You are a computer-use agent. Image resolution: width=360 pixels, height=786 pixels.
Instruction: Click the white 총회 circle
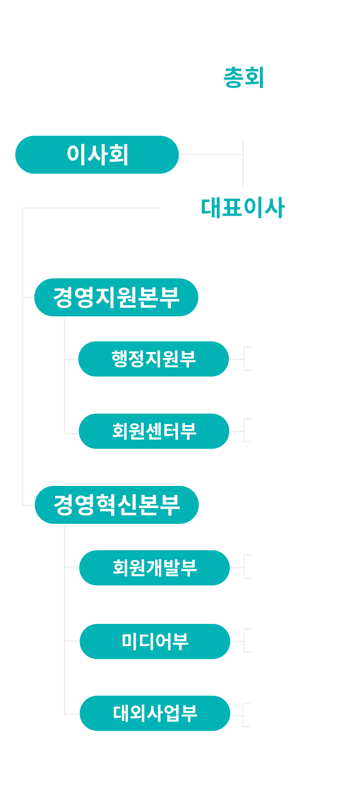(243, 77)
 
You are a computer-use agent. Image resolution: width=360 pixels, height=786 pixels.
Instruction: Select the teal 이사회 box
(97, 155)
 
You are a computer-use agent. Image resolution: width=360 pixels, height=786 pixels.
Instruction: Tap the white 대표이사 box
(243, 208)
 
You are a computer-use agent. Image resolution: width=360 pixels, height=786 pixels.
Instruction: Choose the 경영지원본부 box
(116, 297)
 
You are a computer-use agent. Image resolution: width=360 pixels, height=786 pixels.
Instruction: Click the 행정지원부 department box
(154, 359)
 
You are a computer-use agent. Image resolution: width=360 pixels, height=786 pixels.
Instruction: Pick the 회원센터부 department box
(154, 431)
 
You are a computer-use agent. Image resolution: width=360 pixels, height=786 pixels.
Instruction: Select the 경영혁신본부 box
(117, 505)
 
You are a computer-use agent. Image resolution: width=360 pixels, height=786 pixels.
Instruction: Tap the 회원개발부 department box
(155, 568)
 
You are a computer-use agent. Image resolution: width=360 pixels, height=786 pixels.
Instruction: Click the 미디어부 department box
(155, 641)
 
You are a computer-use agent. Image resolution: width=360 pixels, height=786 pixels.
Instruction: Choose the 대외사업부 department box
(155, 713)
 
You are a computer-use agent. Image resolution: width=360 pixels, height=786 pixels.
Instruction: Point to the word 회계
(274, 348)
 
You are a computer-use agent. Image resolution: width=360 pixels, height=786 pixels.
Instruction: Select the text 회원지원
(289, 420)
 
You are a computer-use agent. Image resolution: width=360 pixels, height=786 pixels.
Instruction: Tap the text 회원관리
(289, 443)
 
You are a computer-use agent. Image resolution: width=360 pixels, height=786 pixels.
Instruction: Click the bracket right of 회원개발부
(246, 567)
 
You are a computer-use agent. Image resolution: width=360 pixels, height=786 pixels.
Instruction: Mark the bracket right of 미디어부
(246, 641)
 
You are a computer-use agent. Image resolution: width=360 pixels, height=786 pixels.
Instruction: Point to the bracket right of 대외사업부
(245, 715)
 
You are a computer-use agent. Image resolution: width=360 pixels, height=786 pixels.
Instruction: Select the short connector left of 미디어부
(72, 641)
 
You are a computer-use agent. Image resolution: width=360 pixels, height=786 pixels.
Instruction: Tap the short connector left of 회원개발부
(72, 567)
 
